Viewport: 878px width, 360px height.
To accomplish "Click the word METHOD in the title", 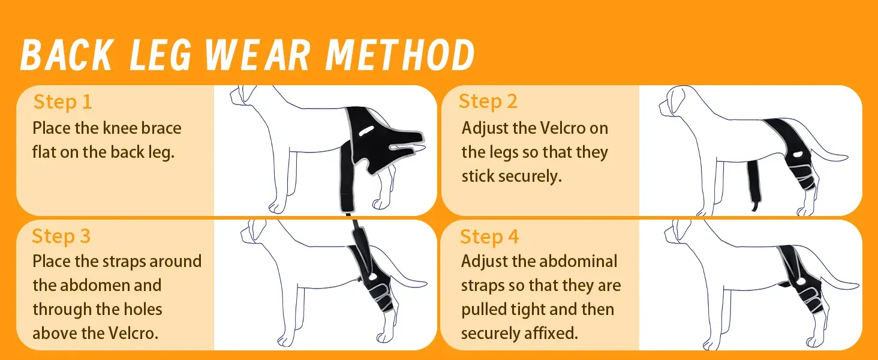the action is pyautogui.click(x=400, y=55).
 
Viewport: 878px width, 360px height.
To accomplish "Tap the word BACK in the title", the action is pyautogui.click(x=67, y=55).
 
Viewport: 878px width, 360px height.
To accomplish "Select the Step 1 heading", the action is pyautogui.click(x=63, y=102).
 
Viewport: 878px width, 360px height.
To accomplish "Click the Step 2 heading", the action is pyautogui.click(x=488, y=101).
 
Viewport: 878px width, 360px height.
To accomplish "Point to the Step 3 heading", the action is pyautogui.click(x=61, y=236).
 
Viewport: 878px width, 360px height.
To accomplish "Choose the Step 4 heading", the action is pyautogui.click(x=489, y=236).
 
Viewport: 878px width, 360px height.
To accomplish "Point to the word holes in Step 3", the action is pyautogui.click(x=143, y=309).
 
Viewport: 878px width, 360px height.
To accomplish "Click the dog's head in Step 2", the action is pyautogui.click(x=675, y=101).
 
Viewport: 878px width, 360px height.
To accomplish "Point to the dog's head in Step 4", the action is pyautogui.click(x=681, y=235).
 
